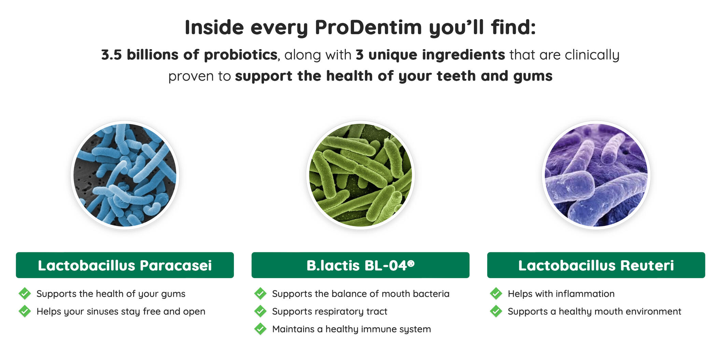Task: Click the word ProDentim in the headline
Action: point(368,27)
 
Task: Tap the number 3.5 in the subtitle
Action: point(111,55)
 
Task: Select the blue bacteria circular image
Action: point(125,175)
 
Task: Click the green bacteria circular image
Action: point(361,175)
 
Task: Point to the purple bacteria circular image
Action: point(596,175)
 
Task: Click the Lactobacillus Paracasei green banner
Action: point(125,265)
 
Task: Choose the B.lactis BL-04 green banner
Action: point(361,265)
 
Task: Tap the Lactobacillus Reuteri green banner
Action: point(596,265)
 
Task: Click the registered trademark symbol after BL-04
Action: point(411,263)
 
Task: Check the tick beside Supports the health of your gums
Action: point(25,293)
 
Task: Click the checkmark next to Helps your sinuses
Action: point(25,311)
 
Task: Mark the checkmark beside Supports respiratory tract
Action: point(260,311)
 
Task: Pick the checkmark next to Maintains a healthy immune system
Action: point(260,329)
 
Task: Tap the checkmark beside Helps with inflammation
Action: point(496,293)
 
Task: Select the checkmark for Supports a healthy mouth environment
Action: point(496,311)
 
